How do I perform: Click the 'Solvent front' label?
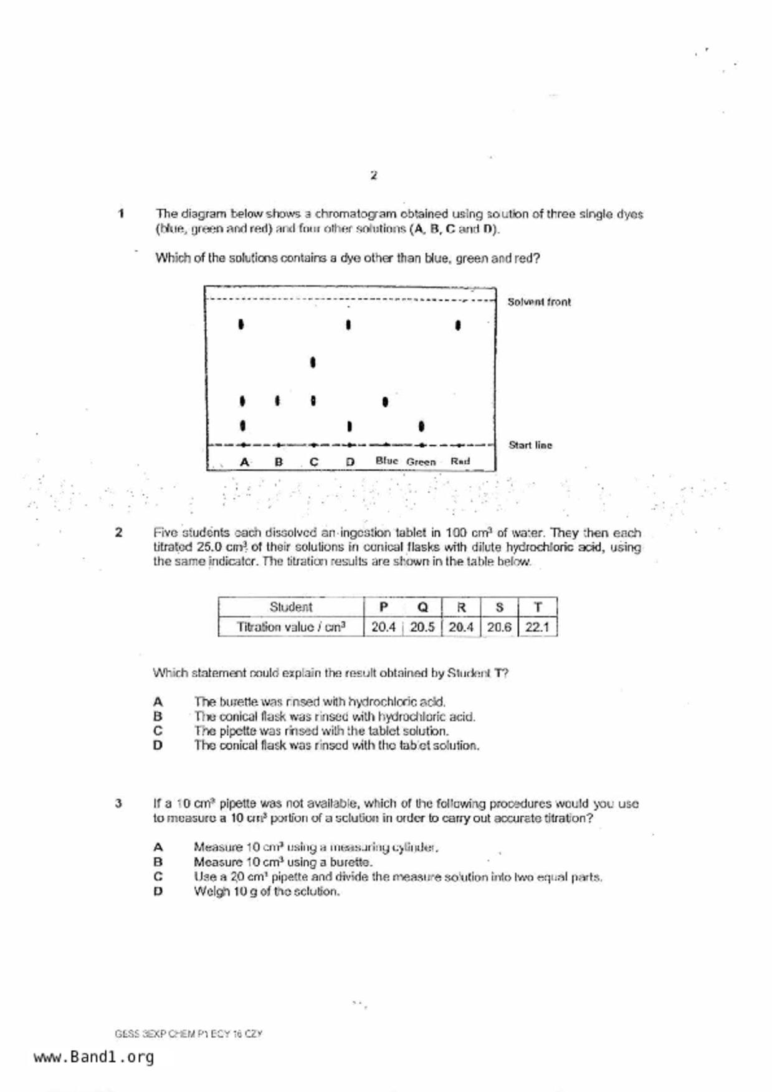click(538, 302)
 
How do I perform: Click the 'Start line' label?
click(530, 445)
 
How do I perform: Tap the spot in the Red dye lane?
click(458, 325)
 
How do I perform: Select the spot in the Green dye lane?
click(422, 426)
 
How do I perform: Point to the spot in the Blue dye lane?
click(385, 402)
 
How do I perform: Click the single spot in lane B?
click(277, 401)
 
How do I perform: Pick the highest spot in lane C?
click(313, 362)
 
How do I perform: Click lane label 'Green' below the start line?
click(421, 462)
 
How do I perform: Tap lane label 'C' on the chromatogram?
click(313, 462)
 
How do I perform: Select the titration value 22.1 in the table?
click(537, 627)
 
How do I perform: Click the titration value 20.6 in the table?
click(498, 627)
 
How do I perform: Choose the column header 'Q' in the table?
click(422, 607)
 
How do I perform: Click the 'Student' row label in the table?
click(291, 607)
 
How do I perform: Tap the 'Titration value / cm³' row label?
click(291, 627)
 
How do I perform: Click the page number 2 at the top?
click(373, 176)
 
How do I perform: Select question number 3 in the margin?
click(118, 803)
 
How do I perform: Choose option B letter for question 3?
click(158, 862)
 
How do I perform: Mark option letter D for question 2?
click(158, 745)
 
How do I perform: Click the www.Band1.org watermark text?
click(93, 1057)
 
